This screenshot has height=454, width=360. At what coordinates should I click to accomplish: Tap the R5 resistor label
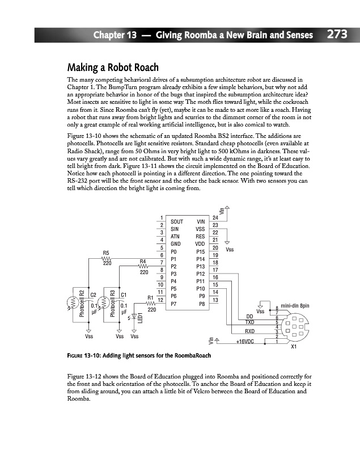point(106,253)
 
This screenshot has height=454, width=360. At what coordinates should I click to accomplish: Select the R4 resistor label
point(143,261)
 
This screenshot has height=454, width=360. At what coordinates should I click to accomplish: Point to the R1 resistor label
point(151,297)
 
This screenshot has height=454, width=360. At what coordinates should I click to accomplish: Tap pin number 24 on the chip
point(215,217)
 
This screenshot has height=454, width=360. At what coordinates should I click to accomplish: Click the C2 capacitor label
point(94,294)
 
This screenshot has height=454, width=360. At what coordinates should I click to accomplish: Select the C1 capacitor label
point(124,294)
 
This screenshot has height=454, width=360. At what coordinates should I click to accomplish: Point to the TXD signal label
point(249,322)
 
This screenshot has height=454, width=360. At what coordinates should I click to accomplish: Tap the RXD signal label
point(249,331)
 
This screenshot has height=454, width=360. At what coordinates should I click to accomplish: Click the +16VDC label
point(245,342)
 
